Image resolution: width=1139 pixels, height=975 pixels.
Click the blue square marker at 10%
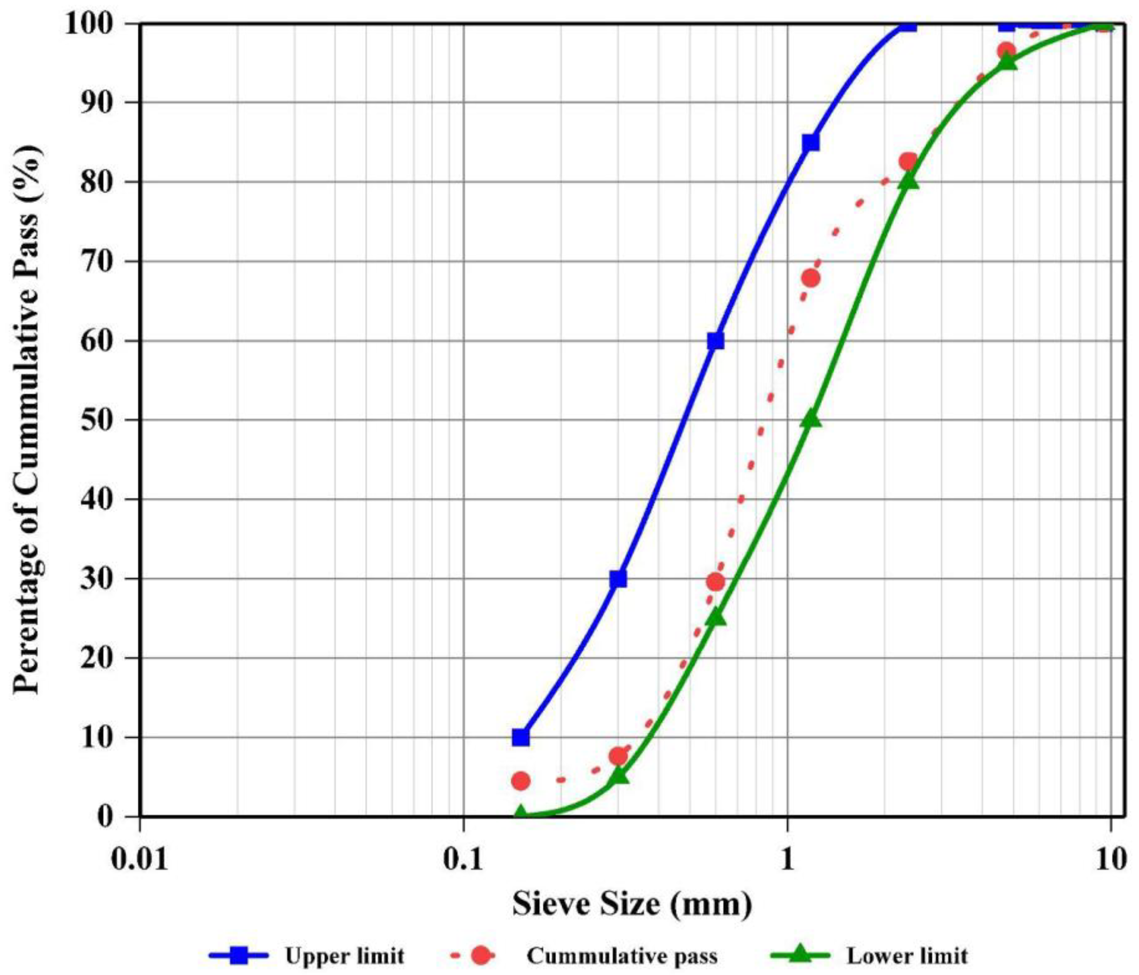pos(520,738)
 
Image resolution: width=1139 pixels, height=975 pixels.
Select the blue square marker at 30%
pos(619,579)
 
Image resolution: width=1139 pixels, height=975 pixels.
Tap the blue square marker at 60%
pos(715,341)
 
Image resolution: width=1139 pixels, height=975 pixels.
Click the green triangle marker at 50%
pos(811,419)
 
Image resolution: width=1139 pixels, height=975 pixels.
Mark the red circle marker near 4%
pos(520,781)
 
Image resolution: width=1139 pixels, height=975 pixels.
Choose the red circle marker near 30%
pos(715,582)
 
